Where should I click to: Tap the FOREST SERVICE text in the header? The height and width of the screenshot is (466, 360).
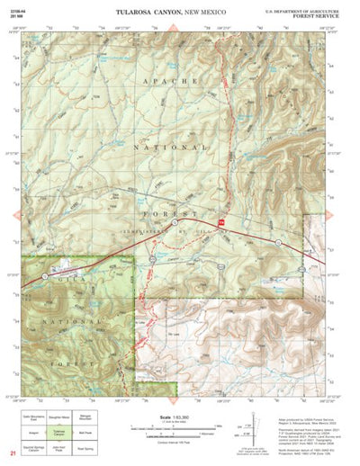tap(315, 15)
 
